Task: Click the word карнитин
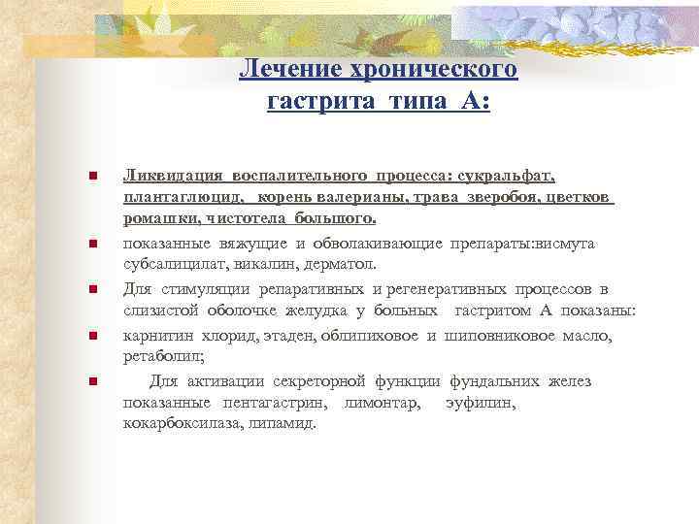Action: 156,336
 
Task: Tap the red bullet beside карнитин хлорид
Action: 91,336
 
